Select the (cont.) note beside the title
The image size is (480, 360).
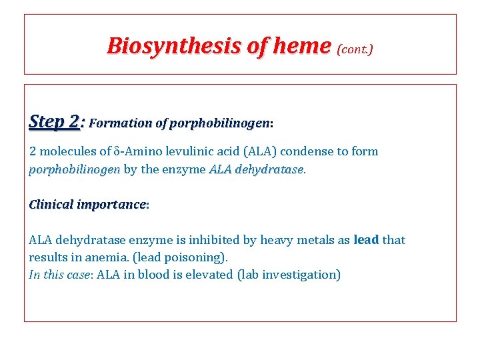pyautogui.click(x=355, y=49)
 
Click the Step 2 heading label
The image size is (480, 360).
pyautogui.click(x=54, y=122)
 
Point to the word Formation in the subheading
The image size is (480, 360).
pyautogui.click(x=119, y=123)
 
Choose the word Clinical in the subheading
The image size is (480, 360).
pyautogui.click(x=51, y=204)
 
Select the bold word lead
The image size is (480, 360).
pyautogui.click(x=366, y=240)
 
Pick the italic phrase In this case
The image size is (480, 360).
pyautogui.click(x=59, y=275)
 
